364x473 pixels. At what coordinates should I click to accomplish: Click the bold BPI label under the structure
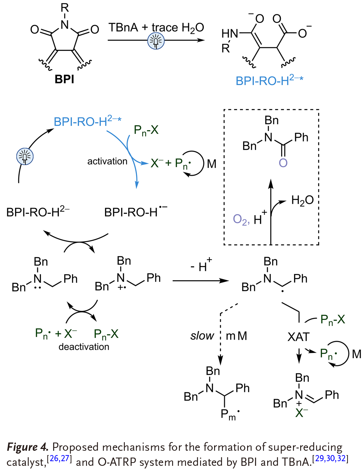tap(64, 79)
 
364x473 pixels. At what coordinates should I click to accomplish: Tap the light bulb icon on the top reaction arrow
tap(156, 41)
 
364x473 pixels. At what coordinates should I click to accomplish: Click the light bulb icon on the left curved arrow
tap(25, 156)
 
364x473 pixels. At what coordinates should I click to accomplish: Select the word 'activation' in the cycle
tap(107, 161)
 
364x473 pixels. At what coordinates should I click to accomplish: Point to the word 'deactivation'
tap(84, 347)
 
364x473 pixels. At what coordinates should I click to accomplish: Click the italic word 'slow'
tap(202, 336)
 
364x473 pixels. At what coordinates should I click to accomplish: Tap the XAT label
tap(298, 337)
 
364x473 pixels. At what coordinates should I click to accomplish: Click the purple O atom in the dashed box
tap(283, 163)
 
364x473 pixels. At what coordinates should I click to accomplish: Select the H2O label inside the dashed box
tap(302, 200)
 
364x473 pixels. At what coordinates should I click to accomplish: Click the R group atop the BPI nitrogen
tap(65, 8)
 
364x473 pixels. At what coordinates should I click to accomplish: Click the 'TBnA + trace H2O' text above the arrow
tap(156, 28)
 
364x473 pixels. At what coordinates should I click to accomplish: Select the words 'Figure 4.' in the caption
tap(27, 447)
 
